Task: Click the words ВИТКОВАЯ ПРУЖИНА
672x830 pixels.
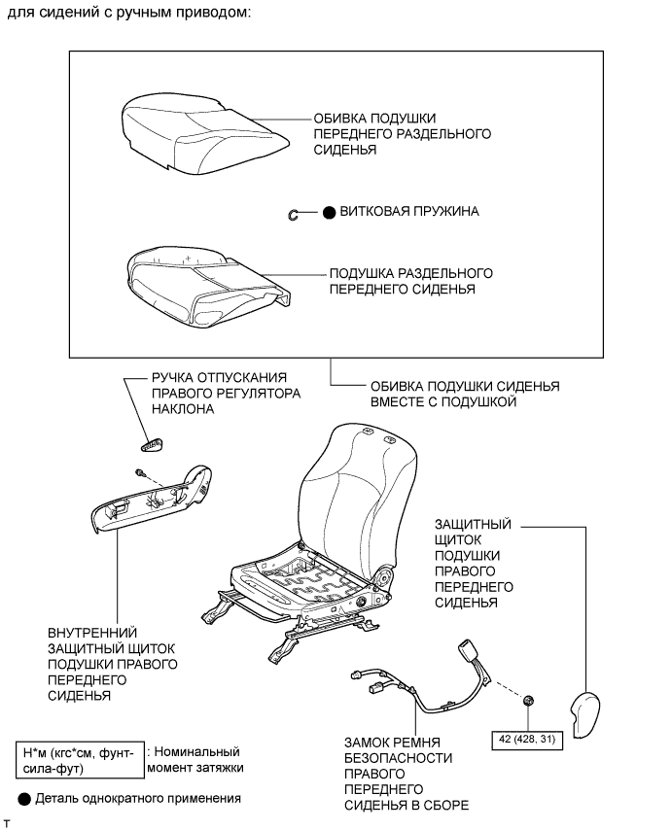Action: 408,211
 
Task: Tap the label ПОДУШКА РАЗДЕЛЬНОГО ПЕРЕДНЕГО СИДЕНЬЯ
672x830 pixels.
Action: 411,281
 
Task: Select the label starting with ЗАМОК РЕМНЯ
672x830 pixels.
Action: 407,773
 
